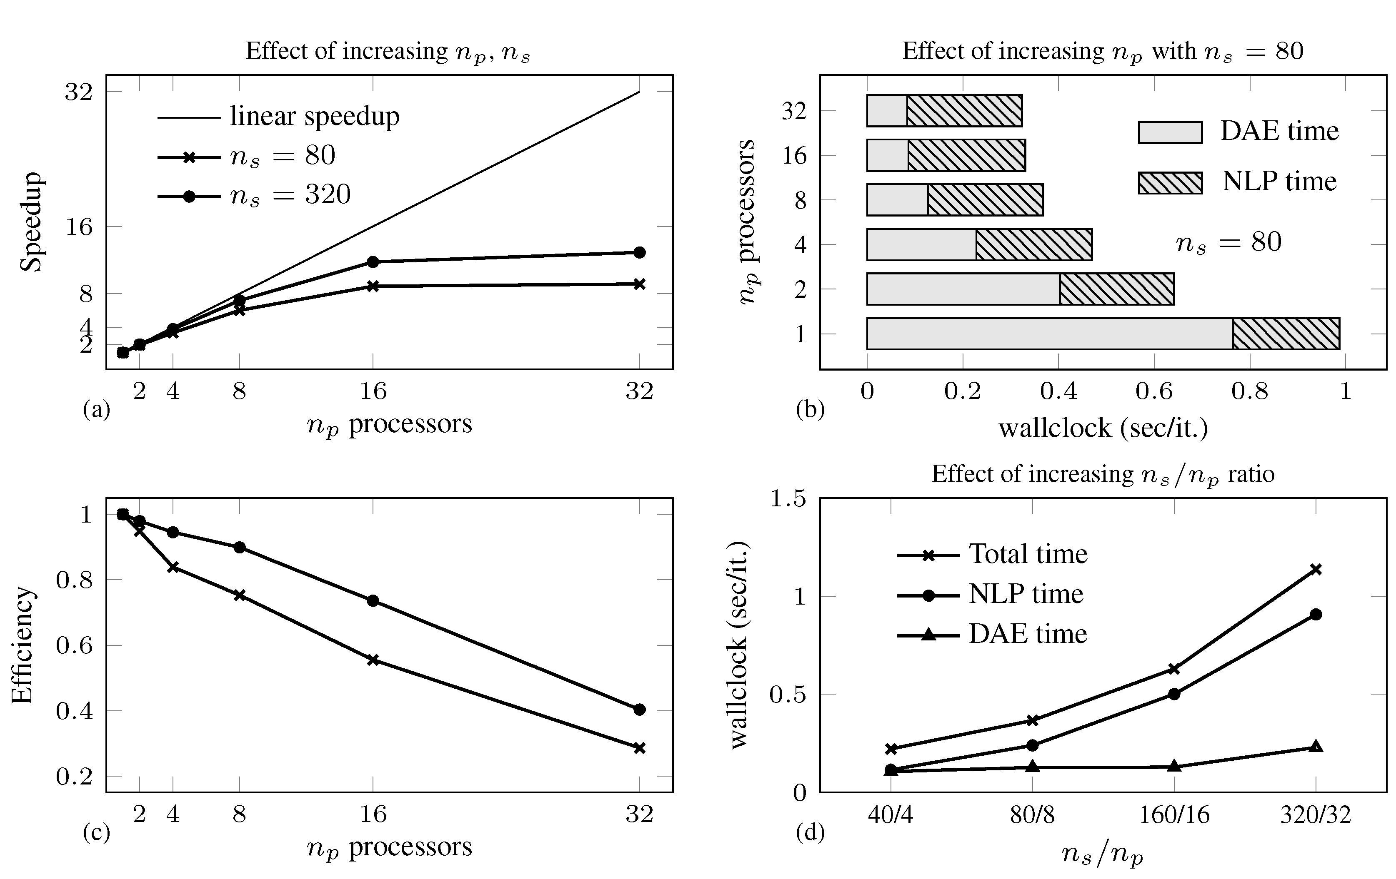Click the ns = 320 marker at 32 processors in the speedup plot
(x=639, y=252)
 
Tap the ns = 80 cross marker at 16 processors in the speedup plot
(x=373, y=286)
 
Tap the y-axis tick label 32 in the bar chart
(x=794, y=111)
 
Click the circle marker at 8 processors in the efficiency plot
(x=240, y=548)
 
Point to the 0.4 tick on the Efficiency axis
(x=74, y=711)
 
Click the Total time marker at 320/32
(x=1316, y=570)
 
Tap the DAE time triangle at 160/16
(x=1174, y=766)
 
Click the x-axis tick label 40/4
(x=891, y=815)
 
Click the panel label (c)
(x=96, y=833)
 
